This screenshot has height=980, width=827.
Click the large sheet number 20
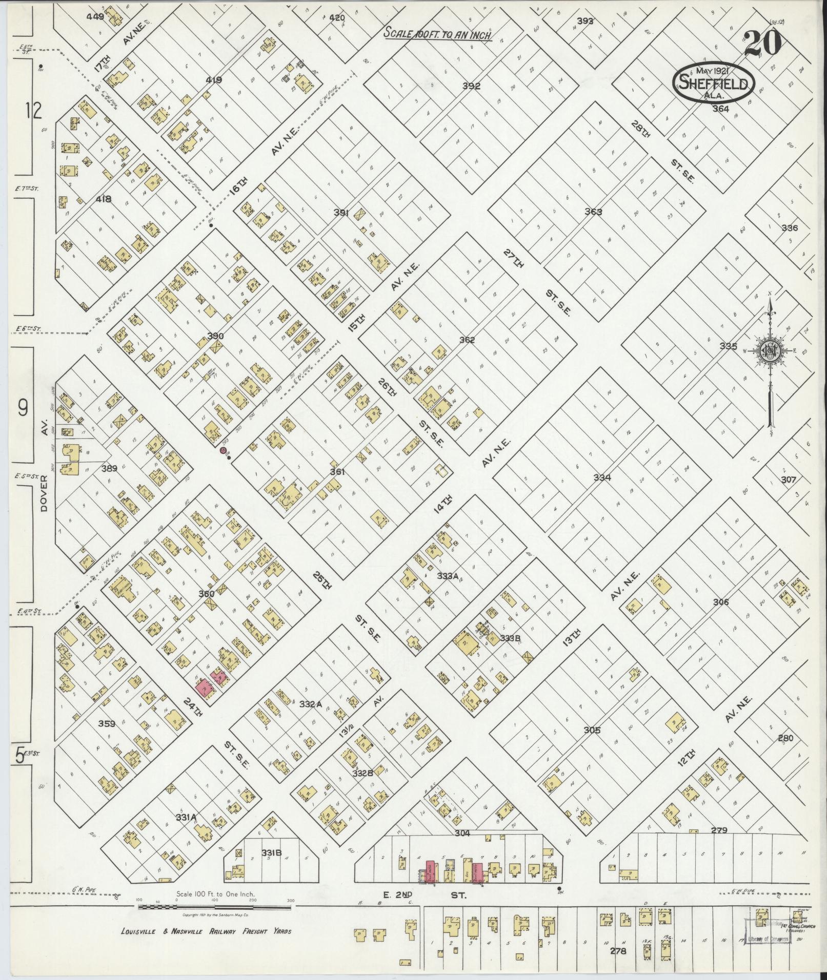pos(762,43)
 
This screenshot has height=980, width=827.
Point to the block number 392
pos(471,86)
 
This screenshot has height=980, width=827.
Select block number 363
pos(593,212)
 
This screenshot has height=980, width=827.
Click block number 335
pos(728,346)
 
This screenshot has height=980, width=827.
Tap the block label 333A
pos(447,576)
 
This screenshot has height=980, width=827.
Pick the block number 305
pos(592,731)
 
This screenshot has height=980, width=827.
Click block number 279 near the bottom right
pos(719,830)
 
